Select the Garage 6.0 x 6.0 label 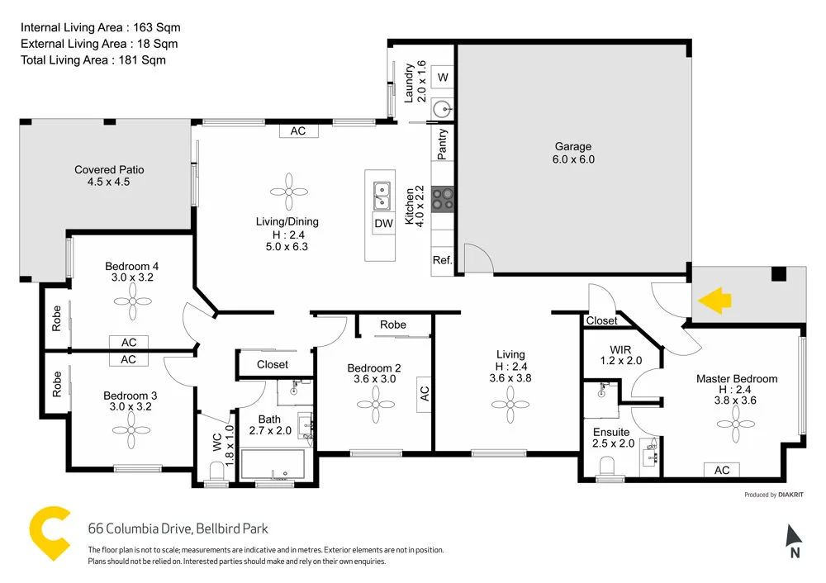pos(574,154)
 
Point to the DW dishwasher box pos(383,223)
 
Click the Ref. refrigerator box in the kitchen pos(442,261)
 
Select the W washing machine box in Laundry pos(443,78)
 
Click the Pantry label pos(443,144)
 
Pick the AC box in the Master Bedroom pos(722,470)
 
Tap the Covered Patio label pos(109,176)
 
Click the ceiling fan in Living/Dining pos(288,192)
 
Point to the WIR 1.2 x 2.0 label pos(619,354)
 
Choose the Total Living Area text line pos(93,59)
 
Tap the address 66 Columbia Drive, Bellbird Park pos(178,528)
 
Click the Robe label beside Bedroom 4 pos(57,318)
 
